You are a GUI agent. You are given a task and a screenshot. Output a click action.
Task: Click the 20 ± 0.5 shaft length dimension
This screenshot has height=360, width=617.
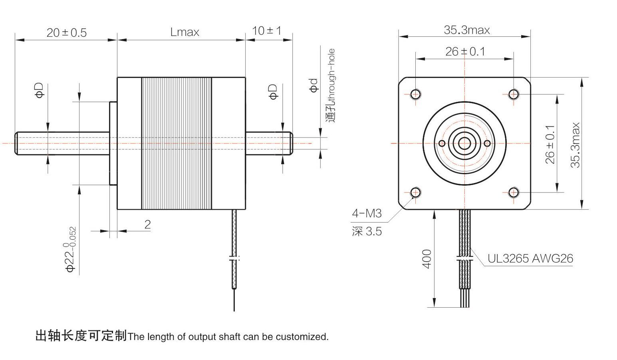(x=66, y=32)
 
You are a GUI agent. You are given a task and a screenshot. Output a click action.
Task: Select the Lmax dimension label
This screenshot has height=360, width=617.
(x=185, y=32)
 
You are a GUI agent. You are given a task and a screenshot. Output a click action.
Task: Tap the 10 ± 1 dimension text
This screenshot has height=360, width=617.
(x=267, y=30)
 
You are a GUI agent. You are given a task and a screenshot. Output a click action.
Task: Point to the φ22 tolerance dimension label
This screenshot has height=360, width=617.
(x=71, y=249)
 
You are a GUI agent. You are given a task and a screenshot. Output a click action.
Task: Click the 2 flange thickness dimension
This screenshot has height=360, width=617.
(x=147, y=225)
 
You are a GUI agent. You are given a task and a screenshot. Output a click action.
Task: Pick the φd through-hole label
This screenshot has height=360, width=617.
(x=314, y=86)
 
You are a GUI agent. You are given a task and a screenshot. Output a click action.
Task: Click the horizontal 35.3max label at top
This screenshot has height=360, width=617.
(x=466, y=30)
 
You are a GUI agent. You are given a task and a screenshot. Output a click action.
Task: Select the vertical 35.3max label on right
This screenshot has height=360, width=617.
(x=575, y=145)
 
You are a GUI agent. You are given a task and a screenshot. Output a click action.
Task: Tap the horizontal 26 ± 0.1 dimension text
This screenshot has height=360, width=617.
(x=465, y=52)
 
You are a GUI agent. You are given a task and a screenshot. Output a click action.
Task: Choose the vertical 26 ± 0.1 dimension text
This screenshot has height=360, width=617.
(x=550, y=144)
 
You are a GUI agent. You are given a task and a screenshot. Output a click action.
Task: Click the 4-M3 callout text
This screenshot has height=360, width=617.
(x=367, y=213)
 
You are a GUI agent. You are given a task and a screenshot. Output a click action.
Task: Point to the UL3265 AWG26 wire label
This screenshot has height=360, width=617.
(x=530, y=259)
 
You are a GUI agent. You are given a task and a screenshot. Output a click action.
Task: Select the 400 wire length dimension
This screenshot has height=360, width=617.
(x=427, y=259)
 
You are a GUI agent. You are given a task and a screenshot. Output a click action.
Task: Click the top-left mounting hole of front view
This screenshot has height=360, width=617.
(x=415, y=94)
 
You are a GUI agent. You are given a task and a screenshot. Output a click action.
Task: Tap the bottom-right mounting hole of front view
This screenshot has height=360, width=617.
(x=514, y=193)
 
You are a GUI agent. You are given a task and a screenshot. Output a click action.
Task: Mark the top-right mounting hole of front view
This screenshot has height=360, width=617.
(x=514, y=94)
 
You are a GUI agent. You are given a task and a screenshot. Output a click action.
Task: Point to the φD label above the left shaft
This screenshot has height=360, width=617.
(x=40, y=91)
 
